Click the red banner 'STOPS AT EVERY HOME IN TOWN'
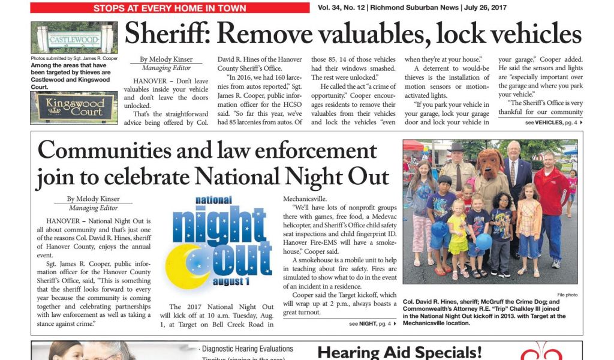point(170,8)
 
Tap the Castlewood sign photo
point(66,38)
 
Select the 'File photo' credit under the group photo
point(567,295)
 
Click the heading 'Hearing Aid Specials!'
point(399,352)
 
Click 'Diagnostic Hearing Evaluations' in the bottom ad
point(247,349)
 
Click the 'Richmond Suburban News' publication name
point(414,8)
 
